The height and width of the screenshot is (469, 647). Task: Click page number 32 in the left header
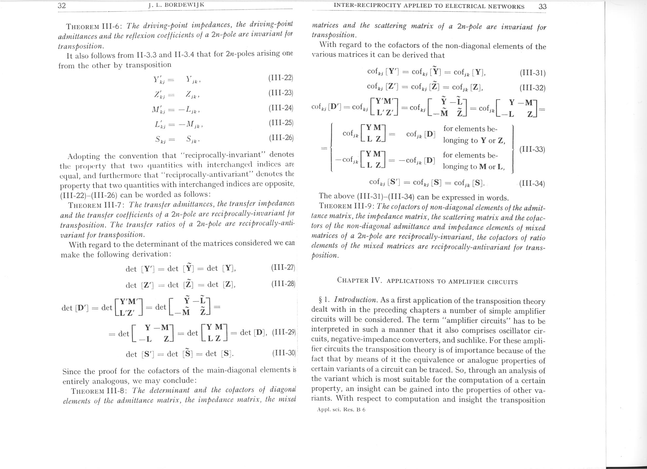coord(62,6)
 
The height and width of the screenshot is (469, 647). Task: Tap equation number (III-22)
coord(281,78)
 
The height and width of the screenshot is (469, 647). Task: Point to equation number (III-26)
coord(281,138)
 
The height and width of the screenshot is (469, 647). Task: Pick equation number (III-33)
coord(532,149)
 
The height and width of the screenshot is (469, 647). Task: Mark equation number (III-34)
coord(532,183)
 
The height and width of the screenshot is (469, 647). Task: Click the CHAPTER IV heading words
coord(427,281)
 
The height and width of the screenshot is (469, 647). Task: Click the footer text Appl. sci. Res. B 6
coord(341,410)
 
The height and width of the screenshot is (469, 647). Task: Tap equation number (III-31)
coord(532,73)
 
